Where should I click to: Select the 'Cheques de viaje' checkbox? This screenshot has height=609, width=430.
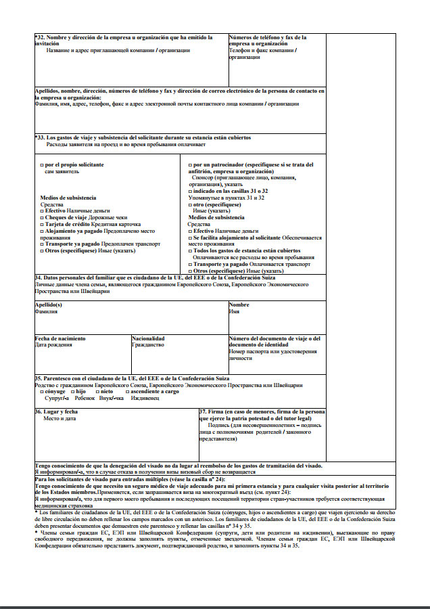coord(43,218)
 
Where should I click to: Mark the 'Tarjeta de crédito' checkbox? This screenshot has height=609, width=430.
coord(43,224)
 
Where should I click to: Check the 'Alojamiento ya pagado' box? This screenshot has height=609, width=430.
coord(43,231)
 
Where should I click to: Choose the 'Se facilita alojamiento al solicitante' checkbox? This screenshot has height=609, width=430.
coord(190,238)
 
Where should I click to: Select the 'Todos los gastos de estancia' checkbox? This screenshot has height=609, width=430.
coord(190,250)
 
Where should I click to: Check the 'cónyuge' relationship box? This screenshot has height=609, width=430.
coord(43,391)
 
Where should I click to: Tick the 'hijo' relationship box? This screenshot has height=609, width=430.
coord(73,391)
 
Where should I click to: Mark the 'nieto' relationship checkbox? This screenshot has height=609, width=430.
coord(98,391)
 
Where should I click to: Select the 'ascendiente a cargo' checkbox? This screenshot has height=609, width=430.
coord(128,391)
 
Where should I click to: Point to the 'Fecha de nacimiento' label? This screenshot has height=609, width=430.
coord(60,338)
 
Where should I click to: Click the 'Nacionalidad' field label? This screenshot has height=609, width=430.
coord(148,338)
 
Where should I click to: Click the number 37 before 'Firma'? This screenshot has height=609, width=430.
coord(203,411)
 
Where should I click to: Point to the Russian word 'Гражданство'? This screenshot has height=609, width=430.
coord(147,344)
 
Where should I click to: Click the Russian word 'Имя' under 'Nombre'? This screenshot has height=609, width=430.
coord(234,311)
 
